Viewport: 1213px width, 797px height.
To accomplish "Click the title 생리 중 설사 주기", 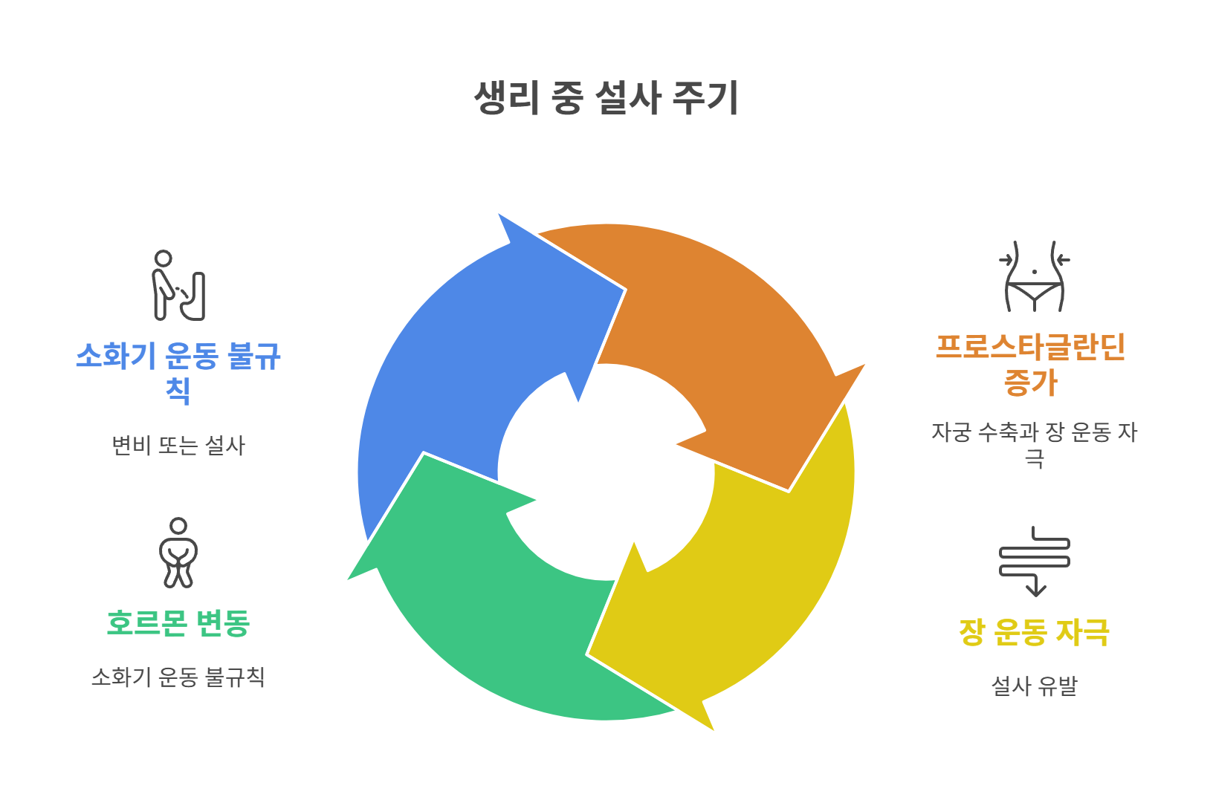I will [x=606, y=98].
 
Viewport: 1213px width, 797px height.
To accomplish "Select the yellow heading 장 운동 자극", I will [x=1034, y=632].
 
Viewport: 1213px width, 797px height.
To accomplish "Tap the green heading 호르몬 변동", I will [x=178, y=623].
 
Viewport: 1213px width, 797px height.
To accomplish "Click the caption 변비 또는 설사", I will [x=178, y=446].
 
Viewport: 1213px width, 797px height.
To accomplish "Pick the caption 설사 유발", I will [x=1034, y=686].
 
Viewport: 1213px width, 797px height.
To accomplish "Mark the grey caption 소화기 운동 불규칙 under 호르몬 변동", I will [x=178, y=677].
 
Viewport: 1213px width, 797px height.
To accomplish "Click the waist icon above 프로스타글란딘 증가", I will [x=1034, y=276].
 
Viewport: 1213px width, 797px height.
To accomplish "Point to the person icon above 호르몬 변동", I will [x=178, y=553].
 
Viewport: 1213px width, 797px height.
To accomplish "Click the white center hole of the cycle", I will [x=606, y=472].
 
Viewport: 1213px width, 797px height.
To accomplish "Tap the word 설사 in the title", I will [x=629, y=98].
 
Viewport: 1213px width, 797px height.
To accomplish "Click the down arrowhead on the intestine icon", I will [x=1035, y=590].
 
